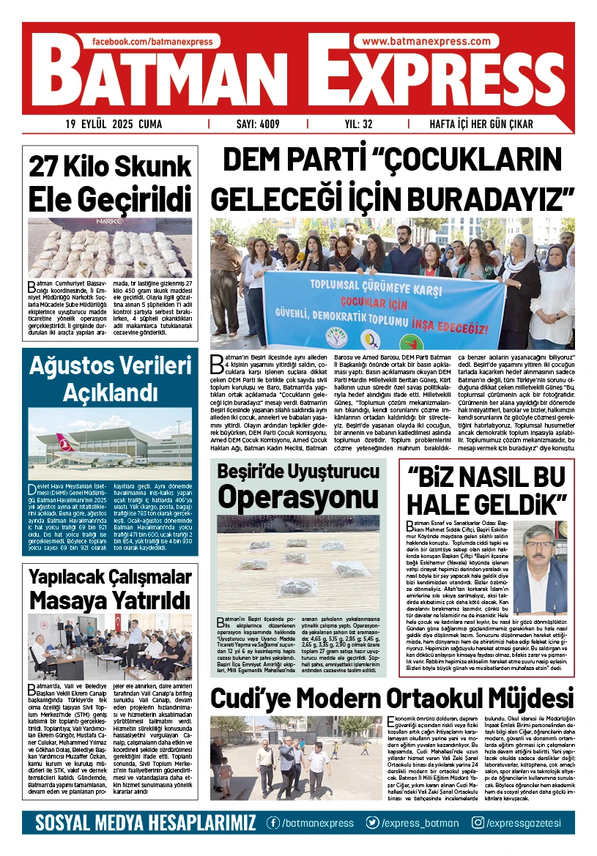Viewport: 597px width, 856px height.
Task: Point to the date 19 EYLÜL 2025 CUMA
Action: [x=114, y=124]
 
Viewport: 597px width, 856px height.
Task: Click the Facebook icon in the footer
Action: [x=273, y=823]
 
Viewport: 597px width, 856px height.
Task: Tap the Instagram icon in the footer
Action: [x=478, y=823]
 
